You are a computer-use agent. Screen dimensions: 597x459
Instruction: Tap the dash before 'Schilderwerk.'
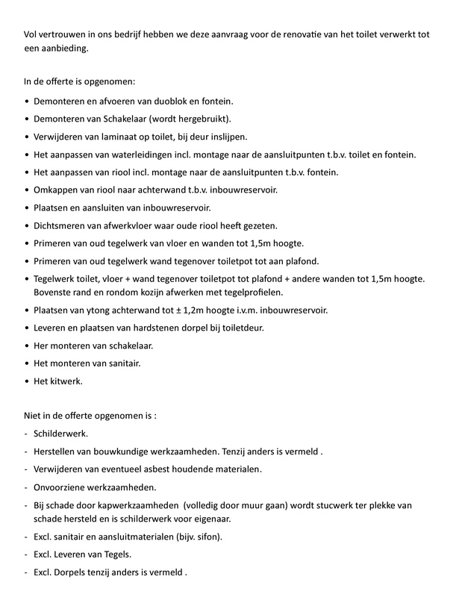[27, 433]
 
